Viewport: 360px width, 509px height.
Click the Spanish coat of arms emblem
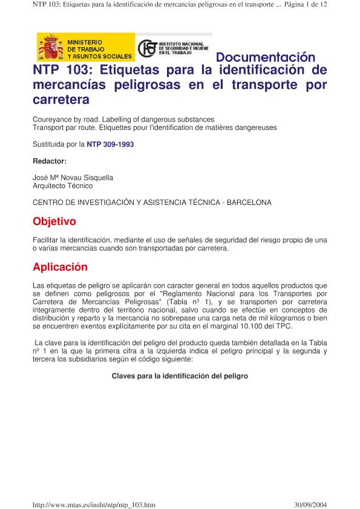[x=50, y=47]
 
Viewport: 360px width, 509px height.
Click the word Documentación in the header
[x=266, y=57]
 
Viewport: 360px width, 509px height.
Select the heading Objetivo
[x=54, y=221]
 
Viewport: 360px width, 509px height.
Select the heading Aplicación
[x=60, y=267]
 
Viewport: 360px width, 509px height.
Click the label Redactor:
[x=49, y=161]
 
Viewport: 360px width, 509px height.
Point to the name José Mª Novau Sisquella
[x=73, y=178]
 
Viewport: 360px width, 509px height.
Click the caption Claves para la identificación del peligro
[x=180, y=375]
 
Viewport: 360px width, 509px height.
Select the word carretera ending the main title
[x=61, y=98]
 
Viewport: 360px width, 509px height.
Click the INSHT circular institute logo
[x=147, y=48]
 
